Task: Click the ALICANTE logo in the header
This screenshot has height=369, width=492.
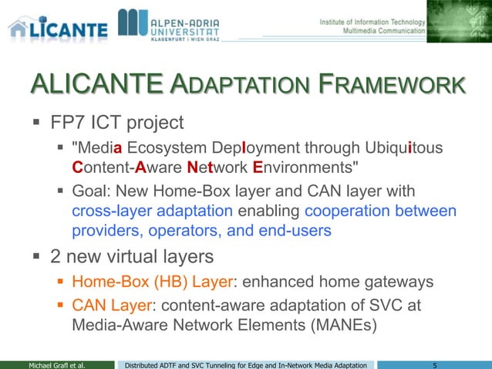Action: click(x=58, y=25)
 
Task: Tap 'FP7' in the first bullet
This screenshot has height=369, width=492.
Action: click(x=69, y=122)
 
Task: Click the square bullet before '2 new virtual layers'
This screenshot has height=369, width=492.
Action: click(x=36, y=256)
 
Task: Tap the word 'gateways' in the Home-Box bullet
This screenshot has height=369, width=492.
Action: click(x=394, y=282)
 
